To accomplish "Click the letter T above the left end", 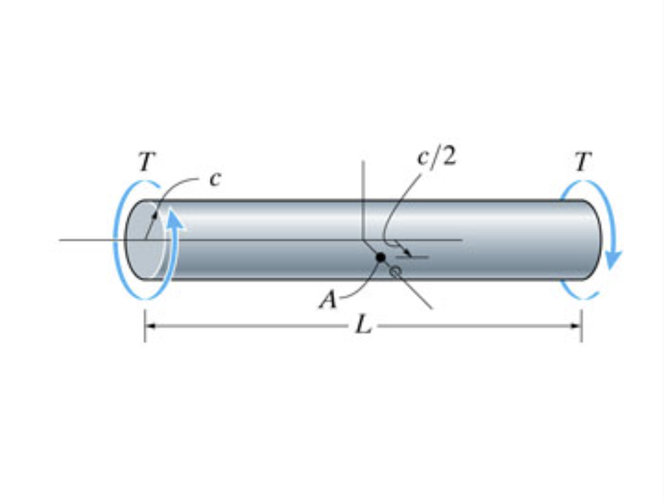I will click(146, 162).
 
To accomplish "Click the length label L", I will click(362, 326).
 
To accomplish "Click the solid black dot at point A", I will click(381, 257).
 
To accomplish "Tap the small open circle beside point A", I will click(395, 272).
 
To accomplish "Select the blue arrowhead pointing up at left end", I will click(173, 216).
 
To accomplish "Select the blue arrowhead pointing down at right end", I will click(612, 260).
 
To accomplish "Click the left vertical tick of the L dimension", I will click(145, 326).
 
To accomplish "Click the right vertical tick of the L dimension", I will click(581, 326).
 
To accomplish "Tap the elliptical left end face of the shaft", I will click(143, 239).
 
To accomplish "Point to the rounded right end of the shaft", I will click(594, 239).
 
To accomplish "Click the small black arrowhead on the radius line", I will click(155, 215).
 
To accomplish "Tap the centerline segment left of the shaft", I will click(89, 239).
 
